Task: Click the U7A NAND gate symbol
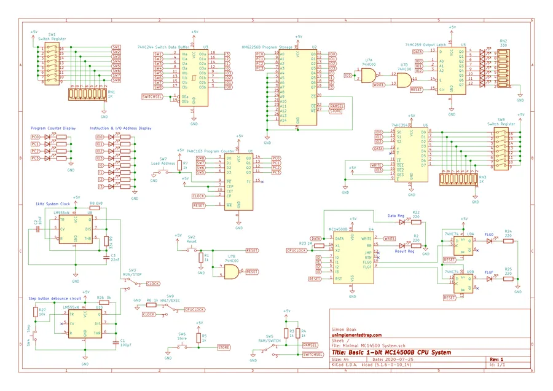coord(369,75)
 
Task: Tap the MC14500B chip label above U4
coord(340,228)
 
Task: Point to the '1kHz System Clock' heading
coord(53,204)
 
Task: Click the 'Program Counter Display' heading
coord(53,128)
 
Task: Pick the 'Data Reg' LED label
coord(396,216)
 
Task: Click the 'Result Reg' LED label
coord(404,251)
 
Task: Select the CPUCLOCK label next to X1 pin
coord(296,251)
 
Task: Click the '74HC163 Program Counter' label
coord(211,151)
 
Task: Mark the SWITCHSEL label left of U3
coord(152,97)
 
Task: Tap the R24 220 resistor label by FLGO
coord(508,233)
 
